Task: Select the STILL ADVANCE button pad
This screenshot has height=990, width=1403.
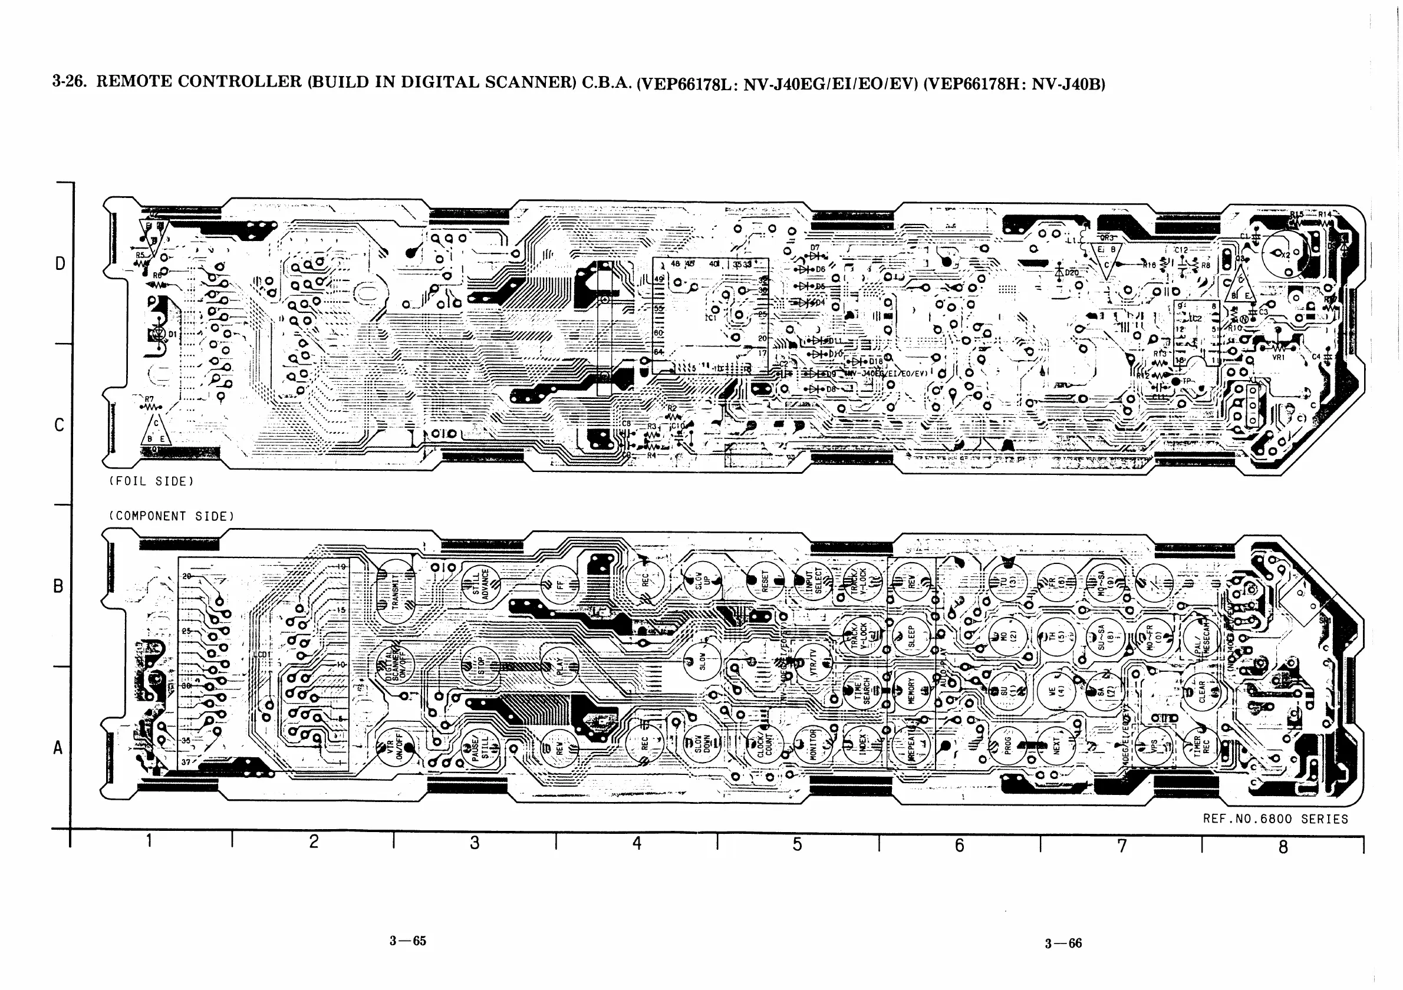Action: point(481,584)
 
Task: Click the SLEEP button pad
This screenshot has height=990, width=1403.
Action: point(911,637)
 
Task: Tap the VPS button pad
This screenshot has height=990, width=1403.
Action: point(1154,745)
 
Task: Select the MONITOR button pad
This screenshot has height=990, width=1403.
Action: point(814,744)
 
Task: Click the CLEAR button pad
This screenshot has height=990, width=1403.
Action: point(1201,692)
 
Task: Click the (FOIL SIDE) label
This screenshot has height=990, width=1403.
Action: point(152,481)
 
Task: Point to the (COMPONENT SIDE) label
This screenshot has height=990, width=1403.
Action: point(172,516)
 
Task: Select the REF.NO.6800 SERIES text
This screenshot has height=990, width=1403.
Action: point(1275,819)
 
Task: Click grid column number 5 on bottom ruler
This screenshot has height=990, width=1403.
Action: point(798,844)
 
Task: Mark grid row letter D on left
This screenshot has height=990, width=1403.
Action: point(60,264)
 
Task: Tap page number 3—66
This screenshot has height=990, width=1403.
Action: point(1063,943)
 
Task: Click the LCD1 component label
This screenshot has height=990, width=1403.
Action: point(262,655)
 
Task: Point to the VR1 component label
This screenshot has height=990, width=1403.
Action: point(1279,357)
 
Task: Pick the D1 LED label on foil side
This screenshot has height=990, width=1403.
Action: point(173,335)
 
